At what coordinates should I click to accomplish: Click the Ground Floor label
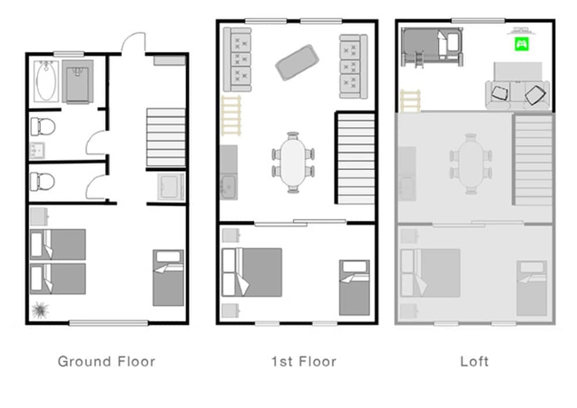coord(106,362)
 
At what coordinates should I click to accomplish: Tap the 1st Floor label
coord(304,362)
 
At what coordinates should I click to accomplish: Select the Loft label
coord(474,362)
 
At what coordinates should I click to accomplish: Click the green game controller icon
coord(521,43)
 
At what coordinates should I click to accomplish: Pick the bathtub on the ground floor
coord(45,80)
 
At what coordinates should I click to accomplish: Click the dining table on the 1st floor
coord(294,162)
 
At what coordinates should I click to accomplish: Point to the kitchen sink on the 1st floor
coord(228,186)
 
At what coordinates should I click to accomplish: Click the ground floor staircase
coord(166,138)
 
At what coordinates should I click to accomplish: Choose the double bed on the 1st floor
coord(252,272)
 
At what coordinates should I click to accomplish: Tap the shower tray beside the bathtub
coord(78,81)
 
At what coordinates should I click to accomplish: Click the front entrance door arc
coord(133,43)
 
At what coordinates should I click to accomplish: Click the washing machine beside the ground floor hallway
coord(171,186)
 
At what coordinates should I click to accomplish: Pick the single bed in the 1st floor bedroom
coord(354,287)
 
